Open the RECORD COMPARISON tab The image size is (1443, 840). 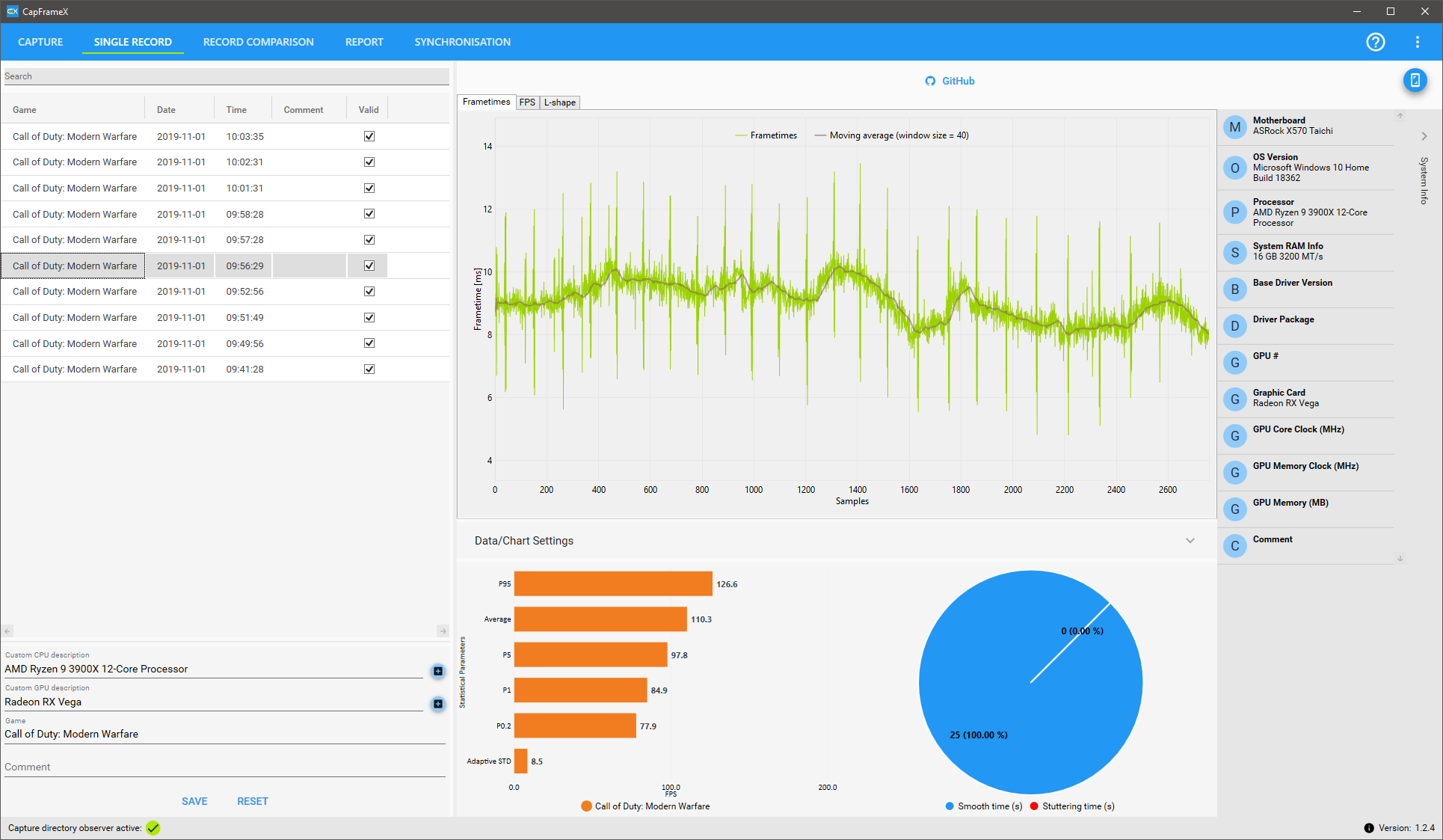coord(258,42)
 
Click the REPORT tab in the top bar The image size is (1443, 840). coord(364,42)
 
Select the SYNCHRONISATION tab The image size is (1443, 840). coord(462,42)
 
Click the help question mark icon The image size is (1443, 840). coord(1375,42)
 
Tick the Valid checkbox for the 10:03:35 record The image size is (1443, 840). coord(369,136)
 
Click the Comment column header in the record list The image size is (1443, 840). coord(303,110)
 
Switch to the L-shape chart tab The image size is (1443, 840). coord(560,102)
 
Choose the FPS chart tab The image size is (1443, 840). coord(527,102)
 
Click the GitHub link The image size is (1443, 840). coord(950,81)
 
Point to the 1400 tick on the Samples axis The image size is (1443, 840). coord(858,490)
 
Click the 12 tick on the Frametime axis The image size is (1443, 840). coord(487,209)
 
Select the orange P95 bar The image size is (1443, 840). coord(613,584)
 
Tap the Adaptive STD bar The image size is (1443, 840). coord(520,761)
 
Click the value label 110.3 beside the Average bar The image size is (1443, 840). coord(701,619)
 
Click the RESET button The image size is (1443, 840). coord(253,801)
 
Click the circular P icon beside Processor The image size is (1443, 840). coord(1235,212)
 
